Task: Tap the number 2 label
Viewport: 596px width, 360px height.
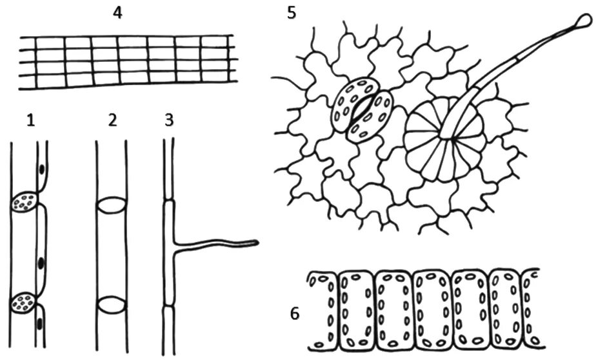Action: click(112, 121)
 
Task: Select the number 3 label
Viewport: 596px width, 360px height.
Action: click(170, 121)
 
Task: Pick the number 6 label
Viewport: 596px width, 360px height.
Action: click(295, 314)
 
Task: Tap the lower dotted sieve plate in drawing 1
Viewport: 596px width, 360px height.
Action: click(25, 301)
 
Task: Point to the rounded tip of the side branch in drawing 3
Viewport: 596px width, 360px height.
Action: click(255, 243)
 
